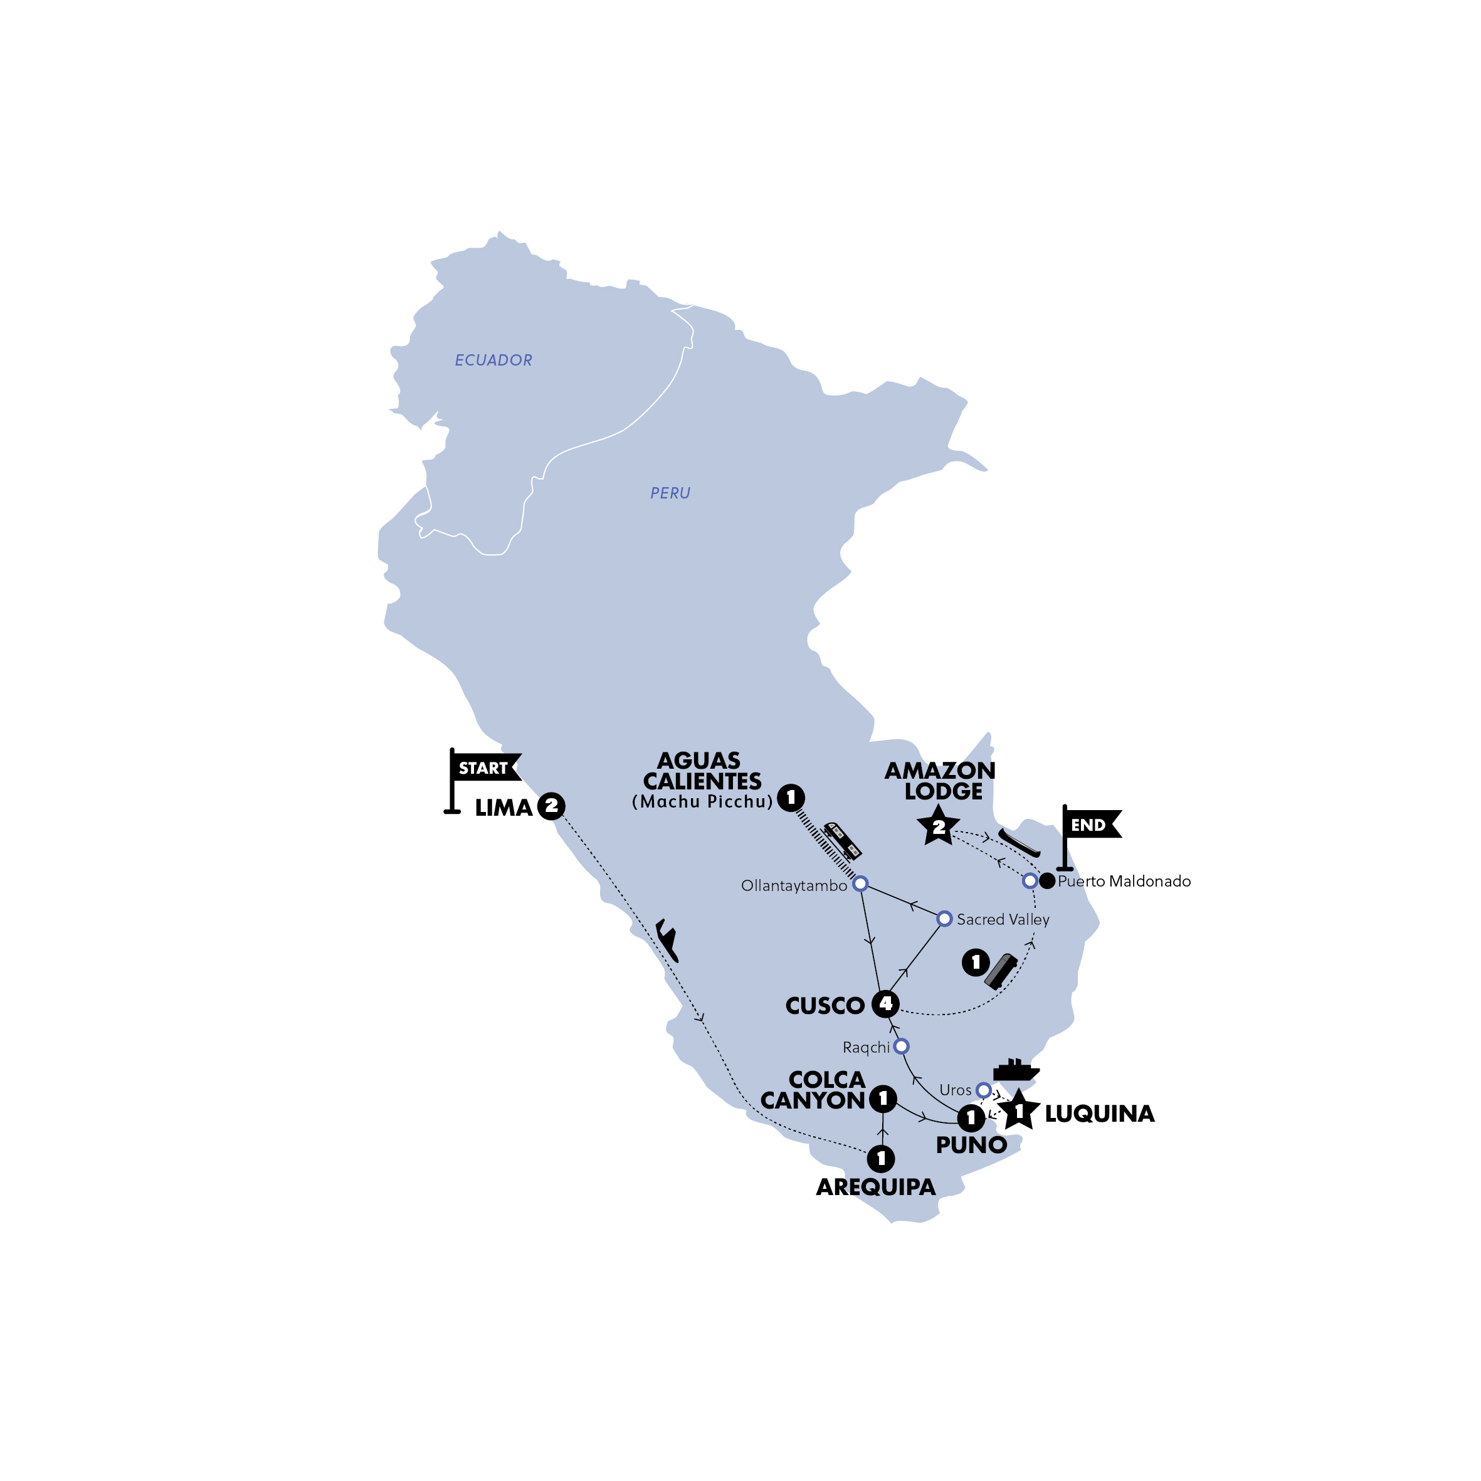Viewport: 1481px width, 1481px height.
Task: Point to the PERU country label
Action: [x=670, y=493]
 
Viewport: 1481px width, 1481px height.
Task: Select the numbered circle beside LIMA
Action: [x=551, y=806]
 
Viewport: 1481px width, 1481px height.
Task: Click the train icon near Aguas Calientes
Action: [x=841, y=840]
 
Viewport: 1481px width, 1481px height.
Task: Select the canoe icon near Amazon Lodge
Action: [x=1019, y=843]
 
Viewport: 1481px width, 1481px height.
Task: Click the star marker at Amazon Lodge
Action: [x=938, y=826]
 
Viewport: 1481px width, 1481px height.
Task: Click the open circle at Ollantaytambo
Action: [x=861, y=884]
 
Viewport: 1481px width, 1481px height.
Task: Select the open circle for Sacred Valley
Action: [x=944, y=919]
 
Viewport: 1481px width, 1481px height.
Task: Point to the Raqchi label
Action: [x=867, y=1047]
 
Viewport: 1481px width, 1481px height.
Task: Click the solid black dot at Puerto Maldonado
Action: [x=1047, y=881]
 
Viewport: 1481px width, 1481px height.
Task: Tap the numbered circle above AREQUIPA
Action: [x=882, y=1158]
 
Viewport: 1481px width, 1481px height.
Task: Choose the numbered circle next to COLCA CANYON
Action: [x=883, y=1099]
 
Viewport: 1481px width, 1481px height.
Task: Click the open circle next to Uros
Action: [x=984, y=1089]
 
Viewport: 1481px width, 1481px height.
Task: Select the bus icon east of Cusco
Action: [x=1000, y=971]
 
